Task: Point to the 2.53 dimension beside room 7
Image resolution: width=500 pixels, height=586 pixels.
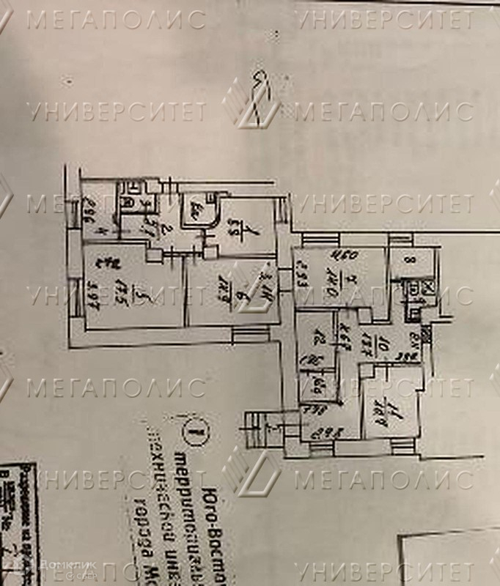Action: pyautogui.click(x=301, y=280)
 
